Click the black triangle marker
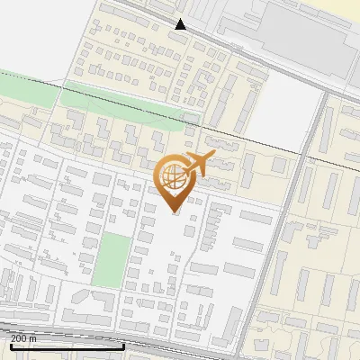click(x=181, y=25)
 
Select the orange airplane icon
click(x=199, y=165)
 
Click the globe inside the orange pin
click(x=174, y=178)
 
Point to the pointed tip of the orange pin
click(x=174, y=212)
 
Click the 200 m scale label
click(x=23, y=338)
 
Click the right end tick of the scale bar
click(x=123, y=344)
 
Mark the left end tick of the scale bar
click(x=10, y=344)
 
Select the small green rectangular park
click(x=112, y=260)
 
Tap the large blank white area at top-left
click(x=36, y=36)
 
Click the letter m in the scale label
click(x=32, y=338)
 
